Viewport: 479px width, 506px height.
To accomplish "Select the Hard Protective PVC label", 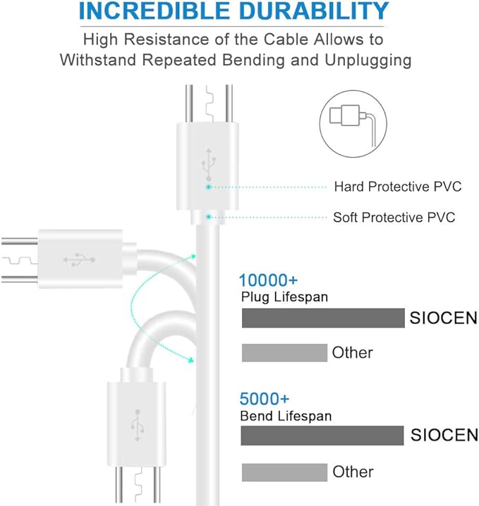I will click(x=397, y=187).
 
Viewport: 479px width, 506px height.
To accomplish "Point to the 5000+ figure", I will click(x=265, y=399).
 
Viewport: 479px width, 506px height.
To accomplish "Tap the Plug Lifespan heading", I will click(x=284, y=297).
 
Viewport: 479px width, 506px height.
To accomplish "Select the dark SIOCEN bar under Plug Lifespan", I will click(x=323, y=319).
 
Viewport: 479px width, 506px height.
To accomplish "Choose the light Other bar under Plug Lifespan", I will click(x=284, y=352).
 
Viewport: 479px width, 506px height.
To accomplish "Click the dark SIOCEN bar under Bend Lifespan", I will click(x=322, y=436).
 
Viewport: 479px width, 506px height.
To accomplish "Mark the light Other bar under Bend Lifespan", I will click(x=284, y=471).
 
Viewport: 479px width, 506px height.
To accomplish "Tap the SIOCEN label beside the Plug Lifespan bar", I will click(x=444, y=319).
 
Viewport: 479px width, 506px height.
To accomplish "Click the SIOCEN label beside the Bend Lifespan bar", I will click(x=444, y=436).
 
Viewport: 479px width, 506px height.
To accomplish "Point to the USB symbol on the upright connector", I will click(x=208, y=163).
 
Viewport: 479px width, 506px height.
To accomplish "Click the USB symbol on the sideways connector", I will click(x=80, y=259).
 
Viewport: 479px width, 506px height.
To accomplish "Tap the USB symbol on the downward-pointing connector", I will click(x=136, y=421).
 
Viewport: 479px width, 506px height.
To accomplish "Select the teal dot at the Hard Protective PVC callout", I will click(x=209, y=187).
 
